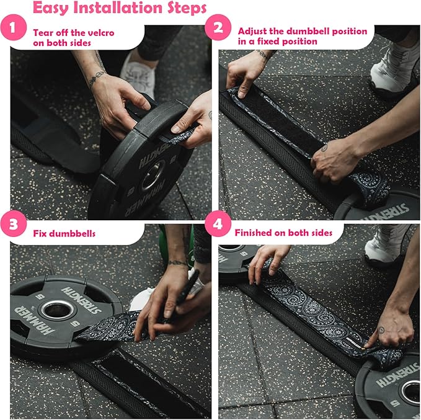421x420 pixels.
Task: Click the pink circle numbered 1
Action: point(14,28)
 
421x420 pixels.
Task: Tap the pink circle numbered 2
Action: point(218,27)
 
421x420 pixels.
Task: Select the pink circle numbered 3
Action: point(14,224)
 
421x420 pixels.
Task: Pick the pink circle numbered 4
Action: point(218,224)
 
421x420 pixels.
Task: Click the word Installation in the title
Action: point(118,7)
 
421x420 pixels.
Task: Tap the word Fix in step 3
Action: point(40,233)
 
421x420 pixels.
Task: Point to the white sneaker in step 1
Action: point(138,73)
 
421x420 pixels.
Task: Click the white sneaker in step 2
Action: point(392,67)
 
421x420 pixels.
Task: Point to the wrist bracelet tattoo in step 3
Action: point(178,263)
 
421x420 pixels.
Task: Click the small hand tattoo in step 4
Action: point(381,330)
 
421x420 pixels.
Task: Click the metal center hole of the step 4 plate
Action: point(412,391)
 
